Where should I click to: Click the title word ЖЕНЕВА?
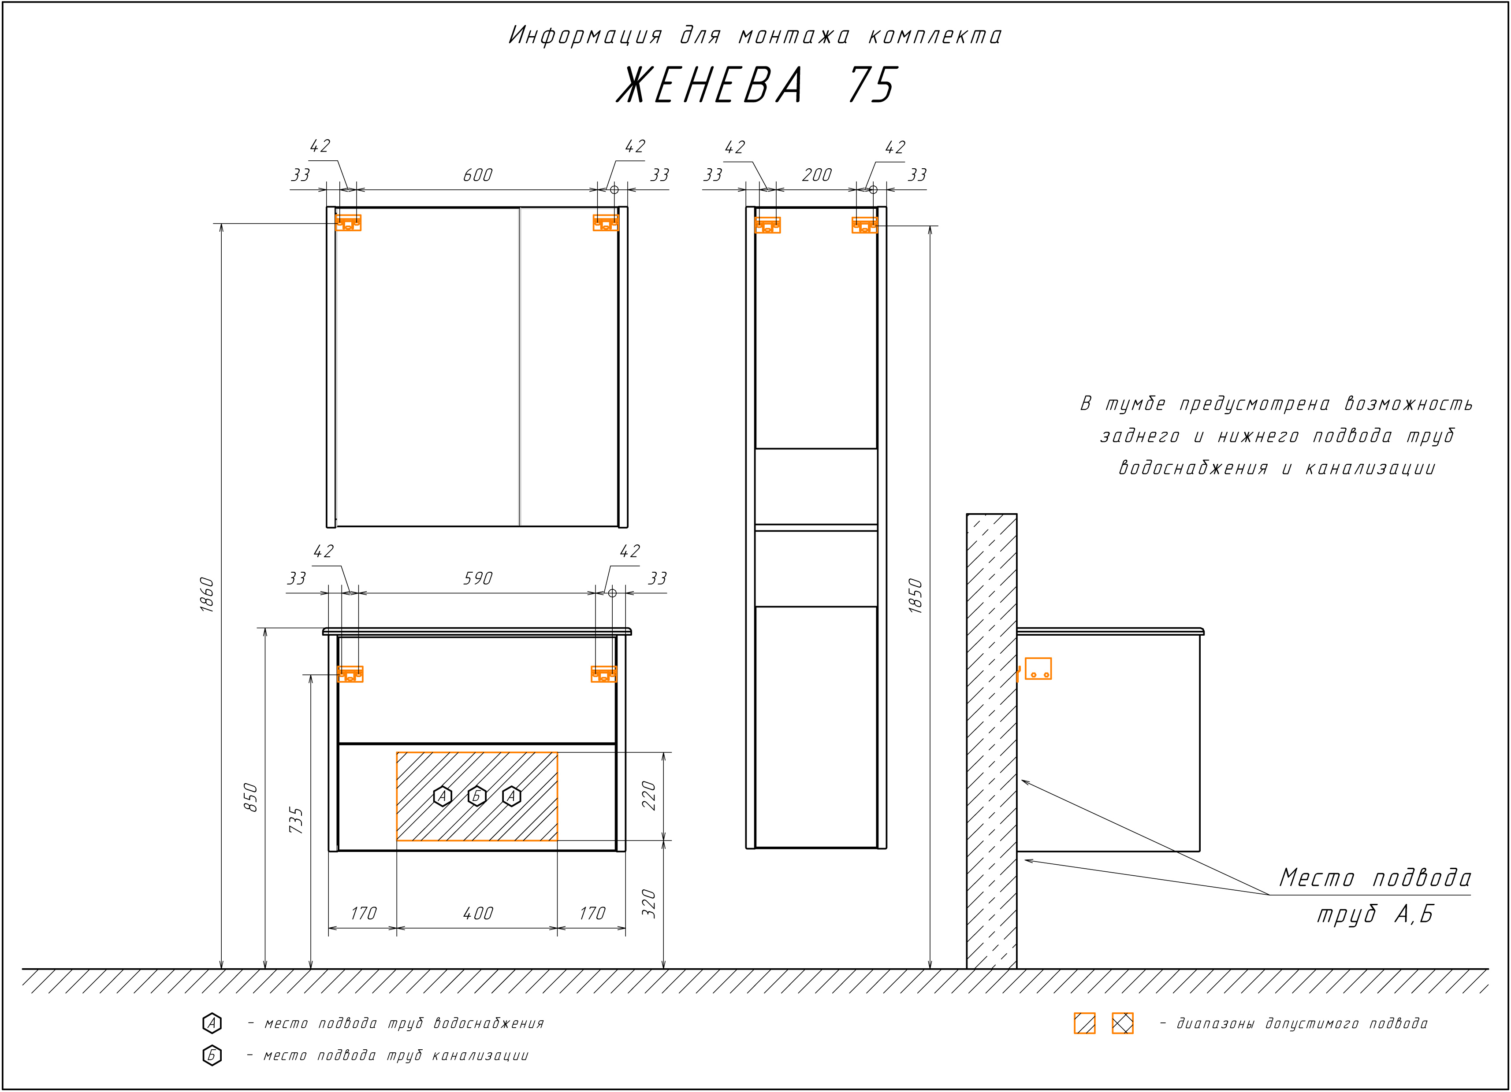[710, 85]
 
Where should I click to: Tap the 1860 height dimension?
[207, 595]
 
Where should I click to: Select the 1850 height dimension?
[916, 596]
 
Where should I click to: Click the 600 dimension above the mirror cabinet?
[478, 175]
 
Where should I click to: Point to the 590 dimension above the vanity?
[478, 579]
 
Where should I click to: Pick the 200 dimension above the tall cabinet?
[817, 175]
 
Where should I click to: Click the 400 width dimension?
[478, 914]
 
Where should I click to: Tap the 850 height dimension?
[250, 797]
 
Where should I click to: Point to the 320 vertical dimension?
[648, 903]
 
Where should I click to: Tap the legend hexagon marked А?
[212, 1023]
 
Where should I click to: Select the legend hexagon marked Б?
[212, 1055]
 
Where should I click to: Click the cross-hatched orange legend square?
[1123, 1023]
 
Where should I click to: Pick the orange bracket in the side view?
[1037, 669]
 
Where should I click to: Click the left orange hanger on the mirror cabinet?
[348, 222]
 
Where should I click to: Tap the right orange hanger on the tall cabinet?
[864, 225]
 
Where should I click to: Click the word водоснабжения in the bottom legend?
[488, 1023]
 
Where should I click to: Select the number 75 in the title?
[873, 85]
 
